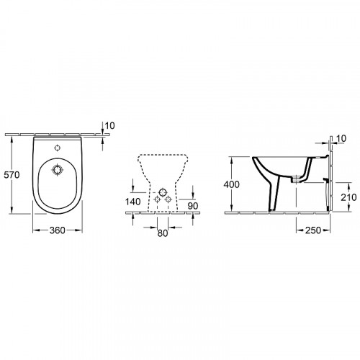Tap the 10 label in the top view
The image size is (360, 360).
[109, 127]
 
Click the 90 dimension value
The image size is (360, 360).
[192, 207]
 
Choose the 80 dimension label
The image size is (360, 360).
[162, 232]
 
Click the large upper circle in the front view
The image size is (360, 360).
[163, 194]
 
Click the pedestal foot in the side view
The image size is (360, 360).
[271, 210]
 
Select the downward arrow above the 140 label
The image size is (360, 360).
[134, 190]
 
